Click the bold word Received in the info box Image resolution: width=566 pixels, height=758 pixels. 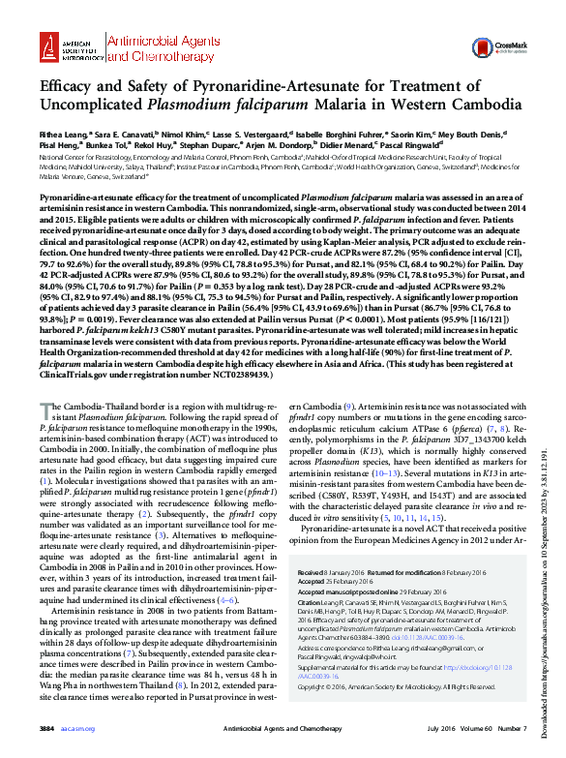tap(315, 573)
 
